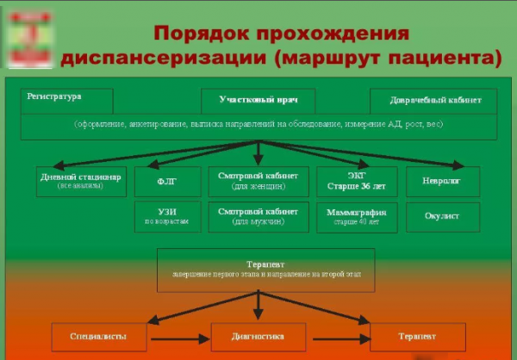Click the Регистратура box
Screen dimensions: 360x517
point(67,100)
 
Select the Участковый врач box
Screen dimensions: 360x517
point(258,100)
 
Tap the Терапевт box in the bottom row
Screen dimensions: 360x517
point(417,336)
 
